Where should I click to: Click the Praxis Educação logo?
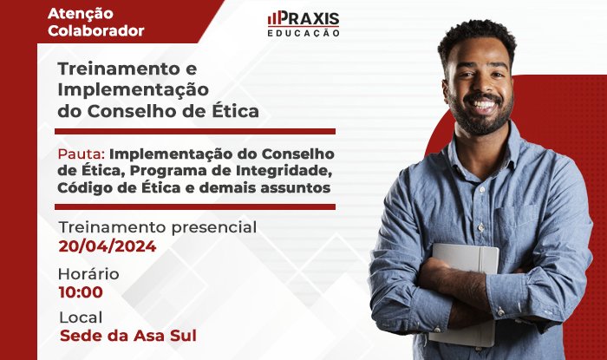point(303,23)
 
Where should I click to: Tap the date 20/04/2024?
point(108,246)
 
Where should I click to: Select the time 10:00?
point(81,292)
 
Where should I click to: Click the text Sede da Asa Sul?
point(128,336)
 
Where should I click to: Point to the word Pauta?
point(82,154)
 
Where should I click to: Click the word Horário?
point(88,274)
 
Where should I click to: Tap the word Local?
point(81,317)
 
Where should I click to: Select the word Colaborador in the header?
point(96,30)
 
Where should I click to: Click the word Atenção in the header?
point(81,14)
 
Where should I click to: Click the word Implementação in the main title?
point(134,90)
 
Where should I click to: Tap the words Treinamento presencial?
point(158,227)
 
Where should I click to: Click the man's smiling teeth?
point(482,104)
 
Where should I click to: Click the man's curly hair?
point(477,37)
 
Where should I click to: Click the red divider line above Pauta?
point(195,132)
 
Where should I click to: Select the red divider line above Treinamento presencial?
point(195,207)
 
